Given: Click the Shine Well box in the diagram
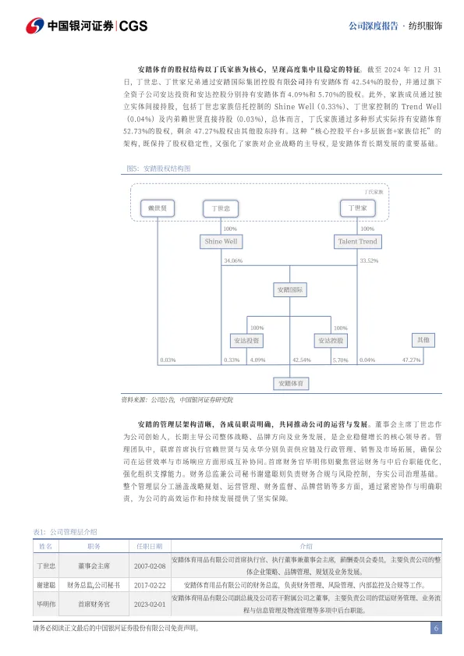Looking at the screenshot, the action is click(221, 242).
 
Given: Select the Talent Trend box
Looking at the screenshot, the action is click(357, 242).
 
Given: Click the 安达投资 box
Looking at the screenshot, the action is click(246, 341).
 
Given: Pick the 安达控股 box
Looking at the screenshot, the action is click(331, 341).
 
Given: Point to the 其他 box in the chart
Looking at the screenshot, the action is click(423, 340).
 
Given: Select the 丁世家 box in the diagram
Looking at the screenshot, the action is click(358, 208).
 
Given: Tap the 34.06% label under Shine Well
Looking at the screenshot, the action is click(232, 261).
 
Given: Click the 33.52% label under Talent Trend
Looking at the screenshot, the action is click(369, 261).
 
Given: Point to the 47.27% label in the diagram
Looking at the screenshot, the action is click(411, 360).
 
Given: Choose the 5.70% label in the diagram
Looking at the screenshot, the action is click(340, 360).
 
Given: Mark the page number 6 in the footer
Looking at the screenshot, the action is click(437, 629).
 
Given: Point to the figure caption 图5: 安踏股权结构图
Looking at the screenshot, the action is click(158, 168).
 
